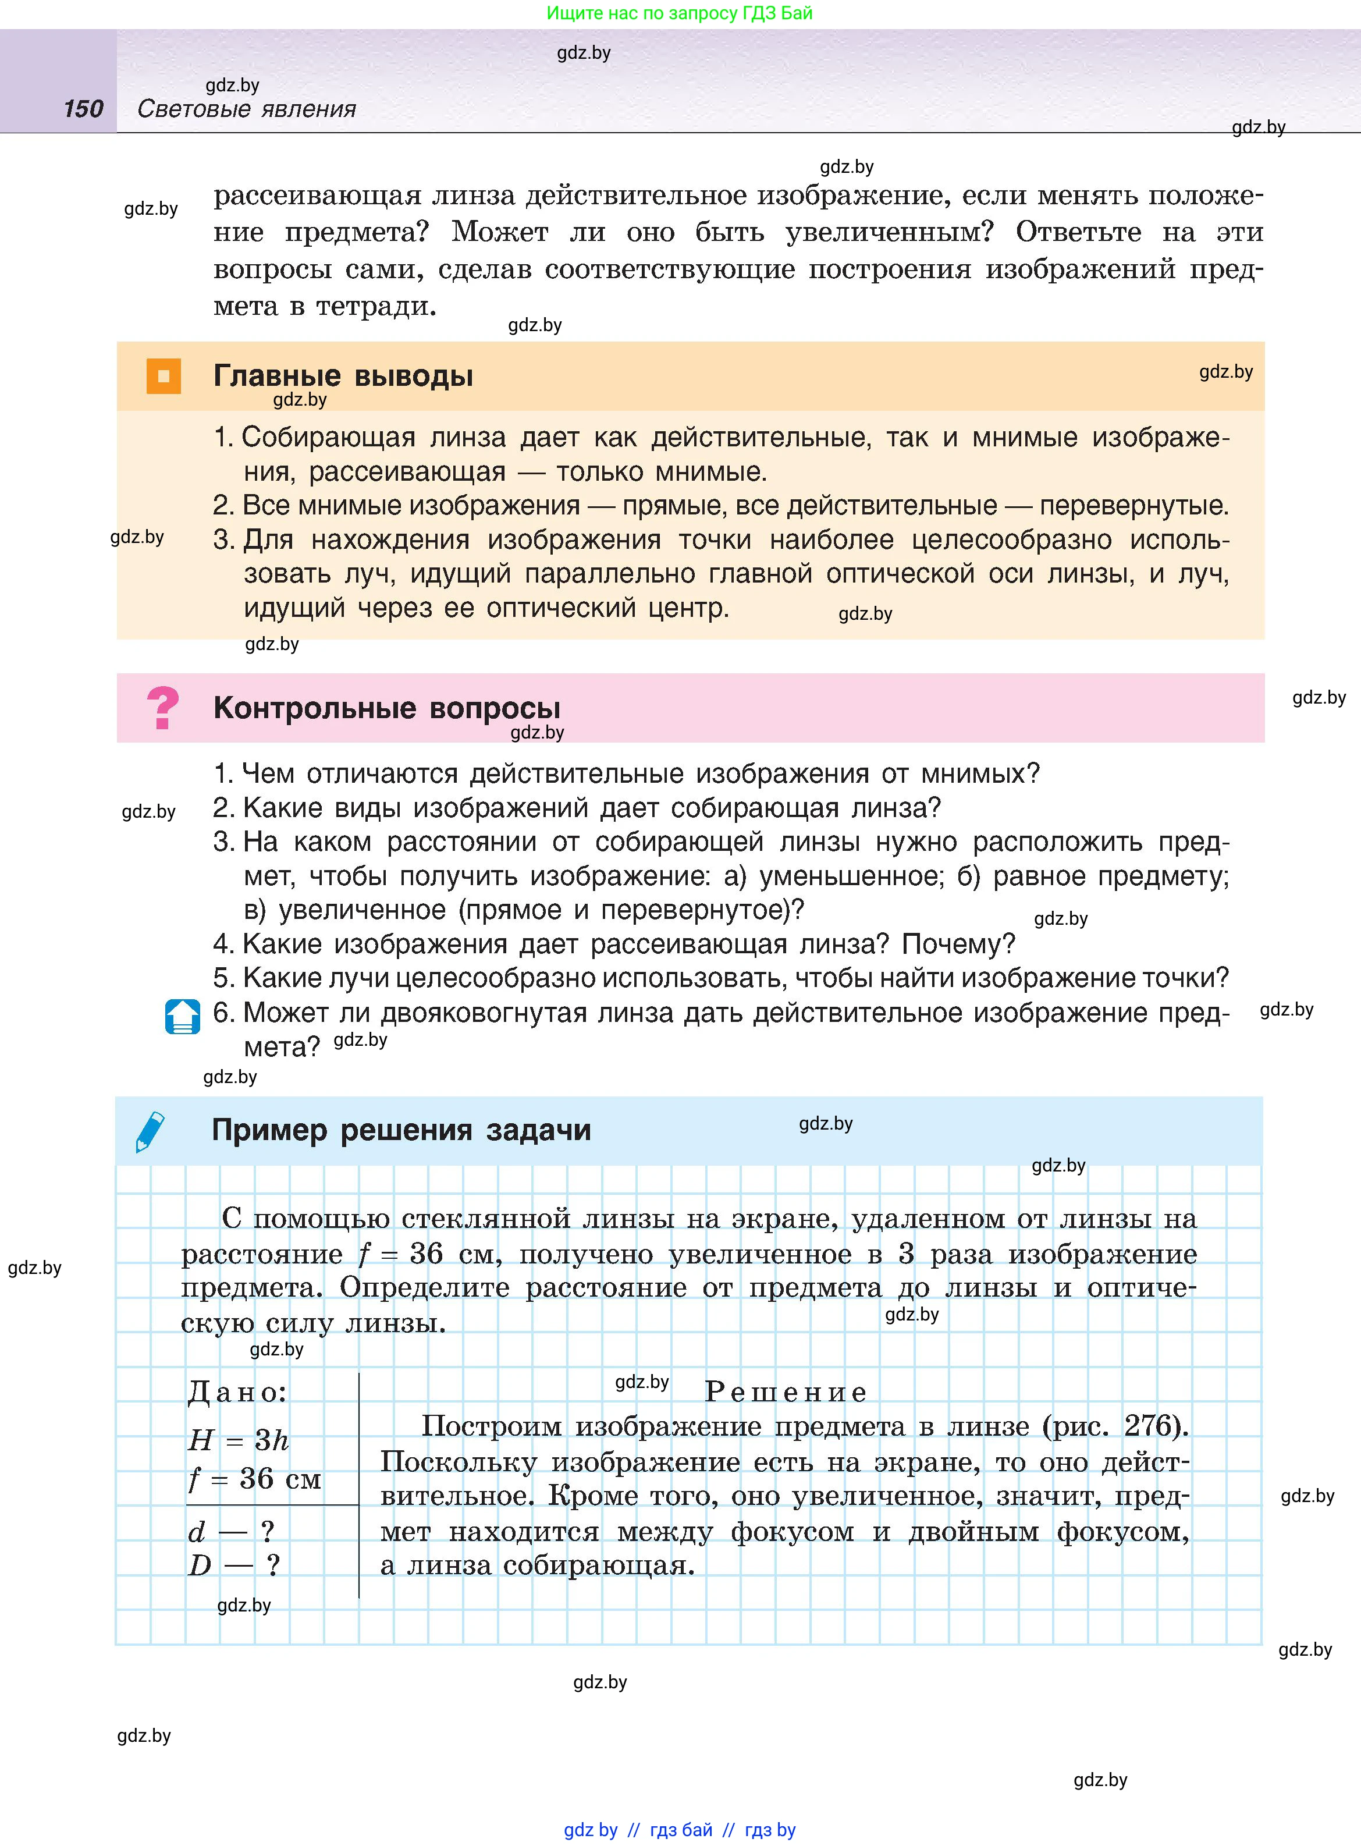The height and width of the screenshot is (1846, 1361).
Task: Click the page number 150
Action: (83, 109)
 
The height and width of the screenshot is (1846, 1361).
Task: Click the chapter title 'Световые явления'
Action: (246, 109)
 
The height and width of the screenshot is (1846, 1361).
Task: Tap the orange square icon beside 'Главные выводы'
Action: (163, 377)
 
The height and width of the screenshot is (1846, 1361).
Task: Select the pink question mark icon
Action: (162, 708)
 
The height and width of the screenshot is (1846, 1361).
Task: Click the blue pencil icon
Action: (150, 1131)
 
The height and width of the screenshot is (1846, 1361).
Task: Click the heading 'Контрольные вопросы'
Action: (386, 708)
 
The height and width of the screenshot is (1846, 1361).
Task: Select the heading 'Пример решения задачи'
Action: (401, 1130)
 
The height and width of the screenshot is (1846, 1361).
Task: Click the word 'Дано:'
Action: (237, 1392)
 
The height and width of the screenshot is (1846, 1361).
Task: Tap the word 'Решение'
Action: (786, 1392)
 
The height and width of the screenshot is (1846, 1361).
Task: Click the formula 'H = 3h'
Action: (238, 1440)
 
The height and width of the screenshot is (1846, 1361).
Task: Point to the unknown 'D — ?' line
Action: (234, 1564)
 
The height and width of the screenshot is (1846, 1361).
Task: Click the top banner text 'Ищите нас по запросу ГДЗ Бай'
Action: (680, 13)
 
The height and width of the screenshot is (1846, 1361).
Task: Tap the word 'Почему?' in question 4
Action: (958, 944)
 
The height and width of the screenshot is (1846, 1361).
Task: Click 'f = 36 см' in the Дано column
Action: (255, 1479)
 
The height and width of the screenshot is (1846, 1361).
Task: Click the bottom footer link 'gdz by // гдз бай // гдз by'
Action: (680, 1830)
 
